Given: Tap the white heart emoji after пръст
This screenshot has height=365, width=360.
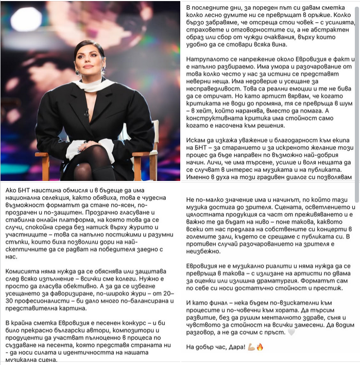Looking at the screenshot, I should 305,333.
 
